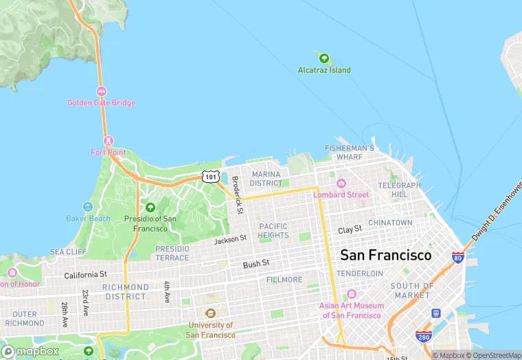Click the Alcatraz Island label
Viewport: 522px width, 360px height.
coord(324,70)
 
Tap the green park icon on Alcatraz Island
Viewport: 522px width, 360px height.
coord(322,58)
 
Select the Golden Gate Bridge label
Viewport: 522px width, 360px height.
coord(101,103)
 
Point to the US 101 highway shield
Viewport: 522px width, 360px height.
coord(211,177)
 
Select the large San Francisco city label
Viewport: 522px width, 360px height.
coord(386,255)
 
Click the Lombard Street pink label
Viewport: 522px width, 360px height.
coord(341,194)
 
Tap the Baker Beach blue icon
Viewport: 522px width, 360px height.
coord(88,207)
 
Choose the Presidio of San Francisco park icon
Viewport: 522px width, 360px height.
coord(150,207)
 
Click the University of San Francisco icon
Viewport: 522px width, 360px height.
coord(209,313)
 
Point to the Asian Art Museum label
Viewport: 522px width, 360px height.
coord(350,311)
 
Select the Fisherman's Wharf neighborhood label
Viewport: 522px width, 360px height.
coord(350,153)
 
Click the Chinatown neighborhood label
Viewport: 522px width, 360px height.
coord(390,223)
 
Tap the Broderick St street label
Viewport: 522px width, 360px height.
coord(237,195)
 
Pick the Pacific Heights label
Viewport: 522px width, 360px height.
coord(273,230)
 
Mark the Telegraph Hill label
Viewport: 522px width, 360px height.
coord(399,190)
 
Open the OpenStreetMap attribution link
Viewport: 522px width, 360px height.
coord(495,355)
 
